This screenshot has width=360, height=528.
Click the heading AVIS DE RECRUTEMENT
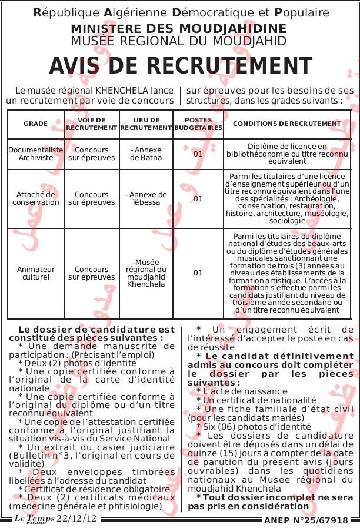pyautogui.click(x=180, y=66)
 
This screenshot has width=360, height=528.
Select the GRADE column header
pyautogui.click(x=35, y=124)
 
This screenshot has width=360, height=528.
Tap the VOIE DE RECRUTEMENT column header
pyautogui.click(x=91, y=124)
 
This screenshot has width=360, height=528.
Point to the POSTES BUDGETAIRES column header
pyautogui.click(x=198, y=124)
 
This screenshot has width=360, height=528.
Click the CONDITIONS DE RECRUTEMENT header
pyautogui.click(x=287, y=124)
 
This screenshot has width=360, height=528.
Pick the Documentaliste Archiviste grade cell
pyautogui.click(x=35, y=154)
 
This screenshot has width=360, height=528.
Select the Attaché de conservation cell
pyautogui.click(x=35, y=198)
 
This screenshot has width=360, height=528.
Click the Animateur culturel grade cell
pyautogui.click(x=35, y=273)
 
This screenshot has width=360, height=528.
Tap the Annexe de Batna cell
pyautogui.click(x=146, y=154)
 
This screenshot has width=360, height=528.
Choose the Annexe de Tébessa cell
pyautogui.click(x=146, y=198)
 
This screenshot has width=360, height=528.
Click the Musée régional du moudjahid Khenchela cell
pyautogui.click(x=146, y=273)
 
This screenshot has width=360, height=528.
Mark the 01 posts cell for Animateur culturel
pyautogui.click(x=198, y=273)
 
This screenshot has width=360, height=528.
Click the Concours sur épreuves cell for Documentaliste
pyautogui.click(x=91, y=154)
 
